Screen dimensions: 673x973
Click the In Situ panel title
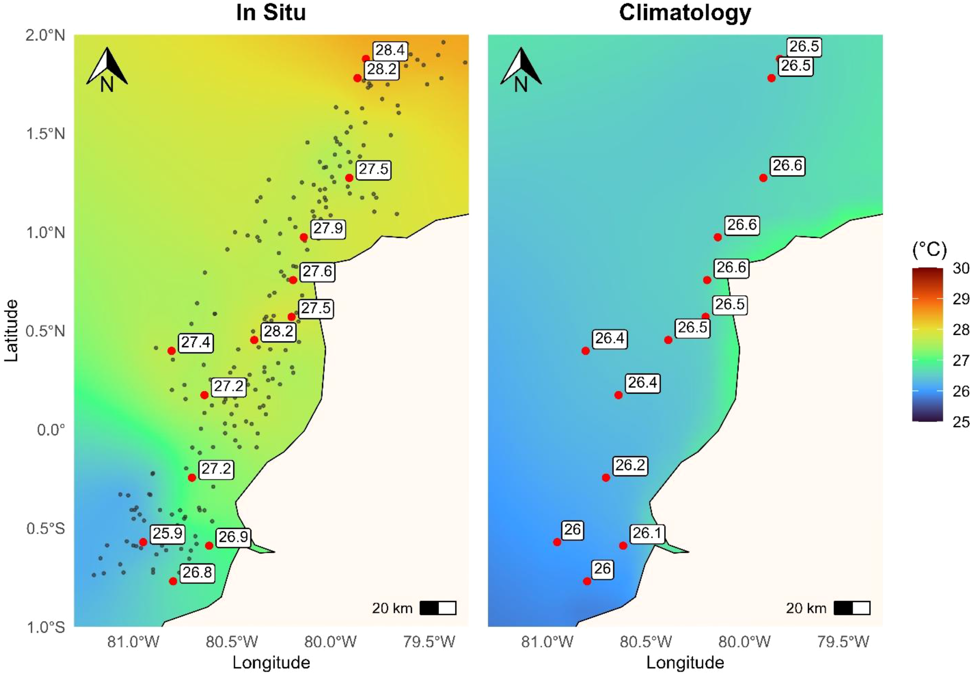point(270,12)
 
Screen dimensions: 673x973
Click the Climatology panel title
point(685,12)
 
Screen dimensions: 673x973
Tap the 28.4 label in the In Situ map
point(390,50)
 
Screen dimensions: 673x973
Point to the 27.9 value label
point(328,228)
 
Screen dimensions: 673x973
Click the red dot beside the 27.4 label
point(172,351)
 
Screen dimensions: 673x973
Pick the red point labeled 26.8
point(173,581)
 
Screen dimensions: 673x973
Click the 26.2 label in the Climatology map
point(630,465)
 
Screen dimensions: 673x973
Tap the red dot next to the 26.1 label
point(623,546)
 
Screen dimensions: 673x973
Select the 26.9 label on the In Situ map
point(233,537)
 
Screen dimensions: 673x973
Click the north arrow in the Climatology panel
point(521,70)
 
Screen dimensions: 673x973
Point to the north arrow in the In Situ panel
point(107,70)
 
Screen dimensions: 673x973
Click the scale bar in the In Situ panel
point(438,608)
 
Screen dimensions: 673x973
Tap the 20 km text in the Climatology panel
point(806,608)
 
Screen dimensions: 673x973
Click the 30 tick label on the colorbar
point(961,268)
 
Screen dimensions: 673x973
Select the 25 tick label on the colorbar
point(961,422)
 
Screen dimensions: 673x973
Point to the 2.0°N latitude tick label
point(46,35)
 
